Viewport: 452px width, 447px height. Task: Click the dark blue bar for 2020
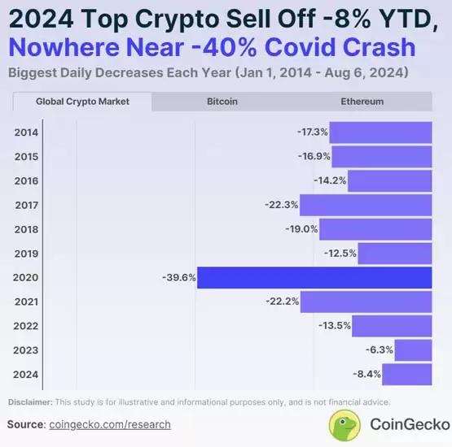coord(314,277)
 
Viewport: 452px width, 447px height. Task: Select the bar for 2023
coord(413,350)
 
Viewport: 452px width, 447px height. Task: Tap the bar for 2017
coord(366,204)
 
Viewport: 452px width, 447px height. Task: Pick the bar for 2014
coord(381,132)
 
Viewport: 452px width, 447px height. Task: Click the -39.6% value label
coord(178,277)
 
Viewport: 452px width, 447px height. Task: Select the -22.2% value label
coord(282,302)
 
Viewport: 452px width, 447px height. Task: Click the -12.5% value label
coord(340,253)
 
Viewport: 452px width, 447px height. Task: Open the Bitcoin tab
coord(222,102)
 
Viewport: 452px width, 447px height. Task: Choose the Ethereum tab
coord(362,102)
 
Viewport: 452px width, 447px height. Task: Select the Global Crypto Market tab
coord(81,102)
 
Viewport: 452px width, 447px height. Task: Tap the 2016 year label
coord(26,180)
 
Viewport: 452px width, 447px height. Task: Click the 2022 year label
coord(26,326)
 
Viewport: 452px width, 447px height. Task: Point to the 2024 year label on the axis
coord(26,375)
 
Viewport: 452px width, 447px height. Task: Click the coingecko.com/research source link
coord(110,424)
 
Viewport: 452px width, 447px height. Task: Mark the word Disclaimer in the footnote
coord(29,402)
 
